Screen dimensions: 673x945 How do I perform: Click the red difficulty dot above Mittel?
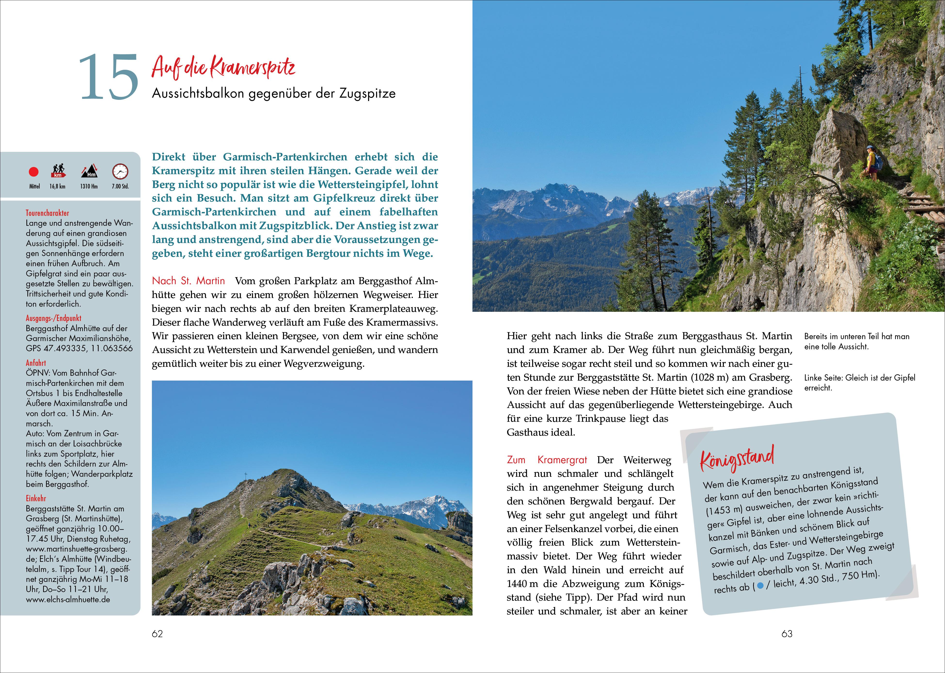pyautogui.click(x=34, y=172)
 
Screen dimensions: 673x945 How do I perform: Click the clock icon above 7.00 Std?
pyautogui.click(x=120, y=171)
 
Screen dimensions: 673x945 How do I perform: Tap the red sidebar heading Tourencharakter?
pyautogui.click(x=47, y=213)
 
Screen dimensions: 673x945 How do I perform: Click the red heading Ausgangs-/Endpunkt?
pyautogui.click(x=54, y=318)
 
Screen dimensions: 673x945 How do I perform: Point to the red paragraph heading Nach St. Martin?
pyautogui.click(x=188, y=281)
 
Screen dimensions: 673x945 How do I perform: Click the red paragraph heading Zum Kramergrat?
pyautogui.click(x=547, y=460)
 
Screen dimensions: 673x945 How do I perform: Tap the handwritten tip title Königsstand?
pyautogui.click(x=737, y=458)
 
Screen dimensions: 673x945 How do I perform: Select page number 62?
pyautogui.click(x=157, y=634)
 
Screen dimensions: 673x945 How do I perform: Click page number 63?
pyautogui.click(x=787, y=634)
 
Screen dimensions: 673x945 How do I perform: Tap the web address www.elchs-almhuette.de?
pyautogui.click(x=68, y=599)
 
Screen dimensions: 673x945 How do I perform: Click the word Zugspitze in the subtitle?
pyautogui.click(x=367, y=94)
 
